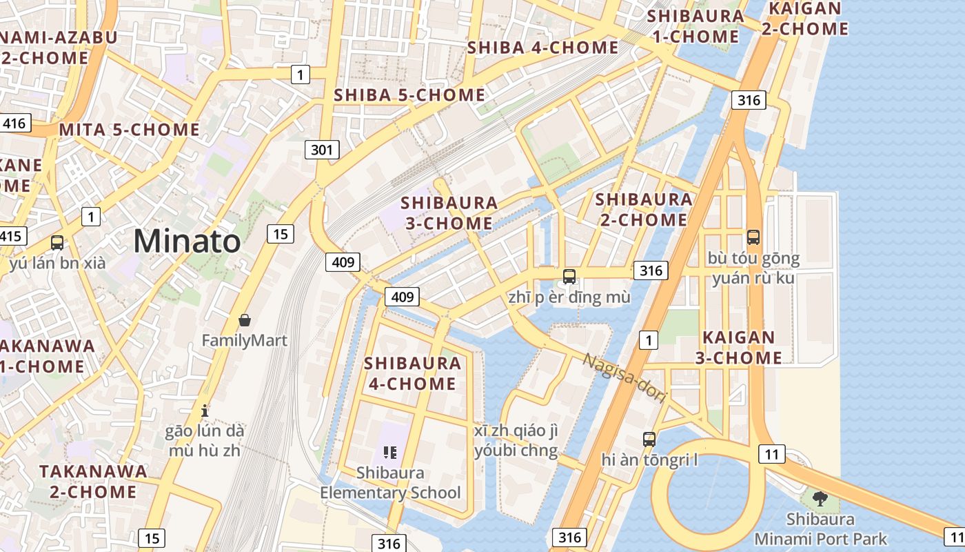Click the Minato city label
pos(187,241)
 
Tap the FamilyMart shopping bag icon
pos(244,320)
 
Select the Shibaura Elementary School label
pos(390,483)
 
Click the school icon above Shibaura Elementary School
pos(390,453)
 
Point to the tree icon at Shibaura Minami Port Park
pos(820,498)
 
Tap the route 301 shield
pos(322,149)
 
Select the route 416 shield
pos(14,124)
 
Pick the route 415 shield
pos(11,236)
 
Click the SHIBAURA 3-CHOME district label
pos(449,213)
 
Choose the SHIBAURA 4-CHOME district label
pos(411,373)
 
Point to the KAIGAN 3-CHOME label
pos(738,348)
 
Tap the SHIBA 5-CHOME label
pos(409,95)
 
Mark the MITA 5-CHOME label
pos(130,130)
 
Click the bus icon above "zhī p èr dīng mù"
pos(569,277)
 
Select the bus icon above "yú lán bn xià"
pos(57,243)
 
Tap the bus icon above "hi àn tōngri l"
pos(649,439)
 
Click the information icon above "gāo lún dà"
pos(204,411)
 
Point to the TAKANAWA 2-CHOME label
pos(93,482)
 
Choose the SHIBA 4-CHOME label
pos(543,48)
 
